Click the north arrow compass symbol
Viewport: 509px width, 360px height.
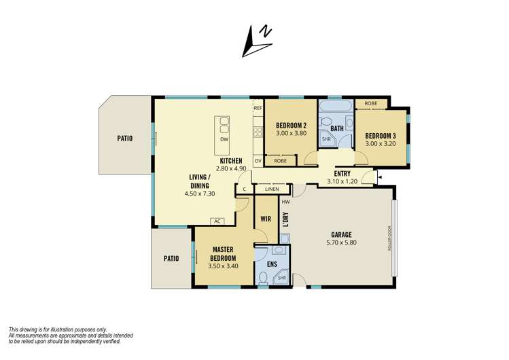pos(256,41)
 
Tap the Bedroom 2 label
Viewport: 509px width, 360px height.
pos(291,126)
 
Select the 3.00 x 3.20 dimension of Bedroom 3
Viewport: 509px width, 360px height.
pos(381,144)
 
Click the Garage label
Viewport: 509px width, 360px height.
pos(341,234)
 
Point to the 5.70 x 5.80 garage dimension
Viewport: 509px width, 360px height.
pos(341,242)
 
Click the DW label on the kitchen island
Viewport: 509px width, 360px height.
pos(224,139)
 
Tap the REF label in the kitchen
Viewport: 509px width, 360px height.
pos(258,108)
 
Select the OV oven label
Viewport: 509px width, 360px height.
pos(258,161)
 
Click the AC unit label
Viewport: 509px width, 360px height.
pos(217,221)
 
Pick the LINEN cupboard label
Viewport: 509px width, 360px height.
pos(272,189)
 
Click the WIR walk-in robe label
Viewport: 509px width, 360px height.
pos(266,219)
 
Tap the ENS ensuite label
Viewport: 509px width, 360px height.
pos(272,264)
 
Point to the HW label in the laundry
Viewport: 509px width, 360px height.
pos(285,202)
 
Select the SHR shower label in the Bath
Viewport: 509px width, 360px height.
pos(326,139)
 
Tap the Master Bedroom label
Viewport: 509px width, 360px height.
pos(223,254)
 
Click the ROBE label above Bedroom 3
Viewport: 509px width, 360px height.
pos(371,103)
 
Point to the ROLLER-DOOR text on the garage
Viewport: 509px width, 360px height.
pos(389,238)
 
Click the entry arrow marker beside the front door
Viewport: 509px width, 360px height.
pos(380,177)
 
